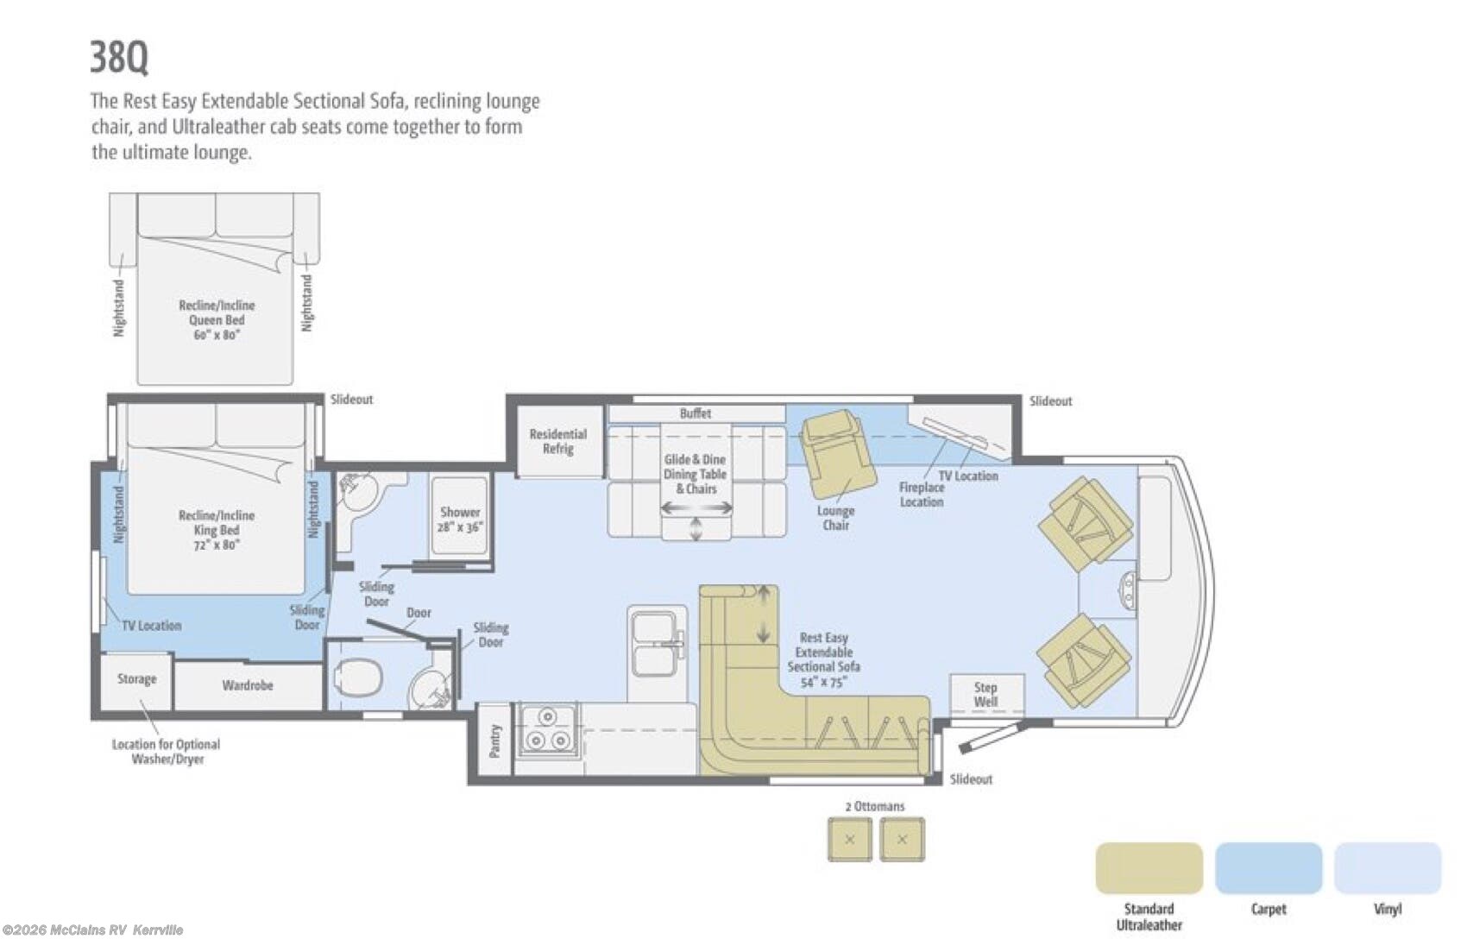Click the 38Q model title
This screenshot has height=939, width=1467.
(119, 57)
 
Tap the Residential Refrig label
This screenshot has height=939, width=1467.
(558, 441)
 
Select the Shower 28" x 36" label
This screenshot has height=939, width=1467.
(460, 520)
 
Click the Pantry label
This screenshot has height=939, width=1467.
(495, 740)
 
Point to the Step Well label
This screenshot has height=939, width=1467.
(985, 694)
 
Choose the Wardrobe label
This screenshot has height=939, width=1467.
(248, 685)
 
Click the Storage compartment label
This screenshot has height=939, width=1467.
(137, 679)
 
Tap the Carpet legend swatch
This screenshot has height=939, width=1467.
(1269, 867)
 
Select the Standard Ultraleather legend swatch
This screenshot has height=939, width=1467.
(1149, 867)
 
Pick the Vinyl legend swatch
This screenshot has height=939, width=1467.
(1388, 867)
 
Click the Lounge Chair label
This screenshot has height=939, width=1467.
(835, 517)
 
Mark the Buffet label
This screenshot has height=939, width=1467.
(696, 413)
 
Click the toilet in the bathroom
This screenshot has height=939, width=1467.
(357, 677)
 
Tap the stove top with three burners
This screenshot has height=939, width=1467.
(548, 730)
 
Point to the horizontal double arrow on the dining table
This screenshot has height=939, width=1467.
(696, 507)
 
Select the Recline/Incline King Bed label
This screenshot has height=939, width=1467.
(216, 530)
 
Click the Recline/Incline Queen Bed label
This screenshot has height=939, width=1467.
(216, 319)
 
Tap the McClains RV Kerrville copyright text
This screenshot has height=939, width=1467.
(92, 930)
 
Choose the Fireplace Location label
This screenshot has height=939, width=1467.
(922, 495)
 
